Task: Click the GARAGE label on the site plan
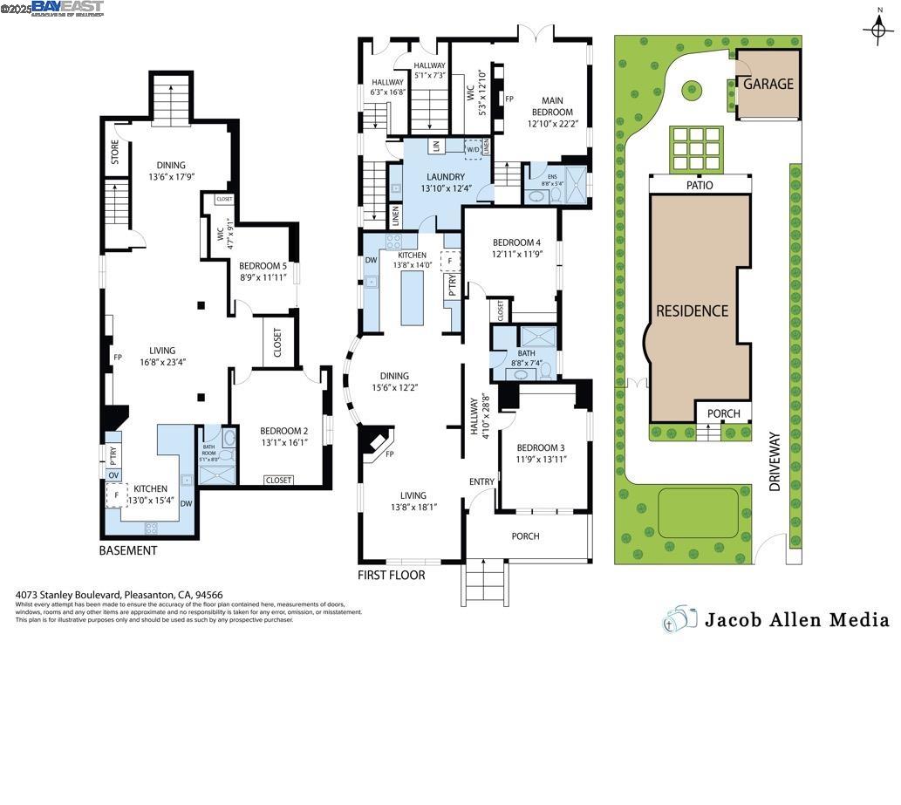point(768,84)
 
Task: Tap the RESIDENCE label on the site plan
point(692,310)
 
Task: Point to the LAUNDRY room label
point(445,177)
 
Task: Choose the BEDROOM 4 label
point(516,242)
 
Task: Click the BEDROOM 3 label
point(540,447)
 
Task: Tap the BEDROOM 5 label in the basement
point(263,266)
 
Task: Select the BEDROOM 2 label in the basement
point(283,430)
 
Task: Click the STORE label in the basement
point(114,152)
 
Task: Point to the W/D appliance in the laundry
point(473,149)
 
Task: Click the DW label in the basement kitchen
point(186,502)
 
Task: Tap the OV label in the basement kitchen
point(113,474)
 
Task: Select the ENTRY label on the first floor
point(481,481)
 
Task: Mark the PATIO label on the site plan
point(700,185)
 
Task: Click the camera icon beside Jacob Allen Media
point(680,618)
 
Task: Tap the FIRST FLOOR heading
point(392,575)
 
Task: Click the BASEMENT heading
point(128,550)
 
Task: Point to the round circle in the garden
point(692,88)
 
